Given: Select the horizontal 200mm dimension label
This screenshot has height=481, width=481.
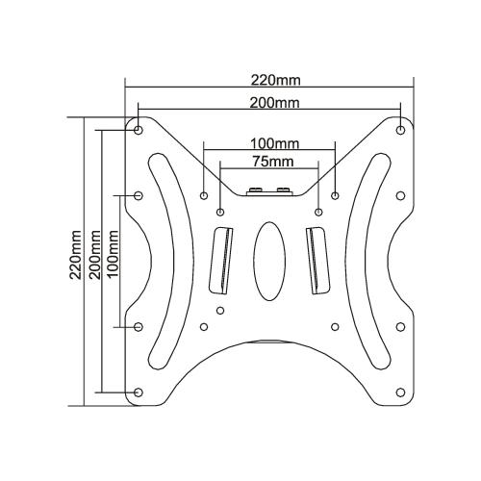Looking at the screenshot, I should tap(268, 103).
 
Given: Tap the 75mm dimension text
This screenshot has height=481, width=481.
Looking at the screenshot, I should tap(268, 161).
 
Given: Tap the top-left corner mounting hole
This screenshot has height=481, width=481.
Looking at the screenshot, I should tap(139, 127).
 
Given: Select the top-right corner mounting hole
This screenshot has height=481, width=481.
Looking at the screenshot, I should tap(400, 127).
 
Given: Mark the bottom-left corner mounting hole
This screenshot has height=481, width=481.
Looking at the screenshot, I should tap(139, 392).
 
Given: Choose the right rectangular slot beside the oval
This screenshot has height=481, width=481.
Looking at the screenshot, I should tap(315, 258).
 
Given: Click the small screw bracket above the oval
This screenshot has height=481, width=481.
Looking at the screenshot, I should tap(268, 190).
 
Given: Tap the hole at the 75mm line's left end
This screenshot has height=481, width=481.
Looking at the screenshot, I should tap(220, 211).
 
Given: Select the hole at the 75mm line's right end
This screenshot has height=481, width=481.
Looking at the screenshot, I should tap(317, 211).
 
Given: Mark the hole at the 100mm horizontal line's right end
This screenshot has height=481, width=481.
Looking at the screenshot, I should tap(335, 195).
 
